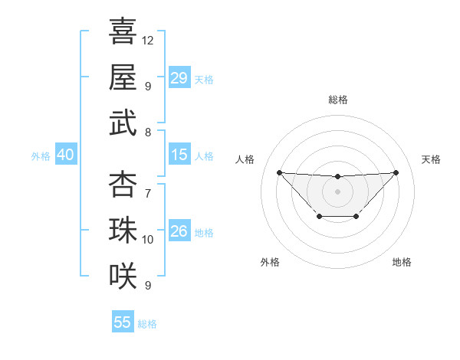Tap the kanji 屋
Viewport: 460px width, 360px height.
[123, 77]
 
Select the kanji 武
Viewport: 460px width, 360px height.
[123, 123]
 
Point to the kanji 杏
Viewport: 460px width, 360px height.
[123, 185]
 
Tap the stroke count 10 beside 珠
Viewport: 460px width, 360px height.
[148, 240]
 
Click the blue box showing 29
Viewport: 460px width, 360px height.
[179, 78]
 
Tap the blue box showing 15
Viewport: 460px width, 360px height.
[179, 155]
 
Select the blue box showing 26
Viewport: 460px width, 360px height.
[179, 231]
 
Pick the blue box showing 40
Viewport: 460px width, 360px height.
[65, 155]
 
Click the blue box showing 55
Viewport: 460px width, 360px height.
[123, 322]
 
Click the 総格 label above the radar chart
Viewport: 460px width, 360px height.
[337, 100]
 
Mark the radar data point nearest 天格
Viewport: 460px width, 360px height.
[396, 172]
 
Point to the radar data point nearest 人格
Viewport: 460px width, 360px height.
[279, 172]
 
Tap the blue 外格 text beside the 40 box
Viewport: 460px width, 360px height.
[41, 156]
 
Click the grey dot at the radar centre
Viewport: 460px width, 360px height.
[337, 191]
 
